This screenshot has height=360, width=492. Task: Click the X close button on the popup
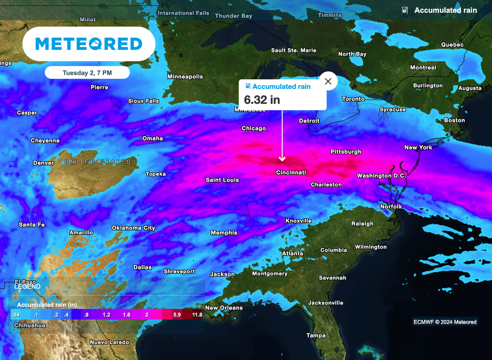point(328,81)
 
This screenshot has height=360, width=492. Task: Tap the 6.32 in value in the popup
point(262,100)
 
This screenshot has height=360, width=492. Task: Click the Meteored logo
point(89,44)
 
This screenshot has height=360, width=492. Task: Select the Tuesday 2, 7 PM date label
point(87,73)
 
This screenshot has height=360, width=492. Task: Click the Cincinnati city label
point(291,173)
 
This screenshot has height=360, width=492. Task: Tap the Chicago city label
point(254,128)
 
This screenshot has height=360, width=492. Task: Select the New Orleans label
point(224,308)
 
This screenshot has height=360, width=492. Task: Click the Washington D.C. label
point(381,176)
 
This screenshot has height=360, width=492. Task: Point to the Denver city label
point(43,163)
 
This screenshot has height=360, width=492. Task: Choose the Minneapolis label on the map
point(185,76)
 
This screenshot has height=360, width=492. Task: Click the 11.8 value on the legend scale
point(197,315)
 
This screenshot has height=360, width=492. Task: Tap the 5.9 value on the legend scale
point(177,315)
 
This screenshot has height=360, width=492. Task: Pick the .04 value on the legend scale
point(15,315)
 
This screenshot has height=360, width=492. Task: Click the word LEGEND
point(27,286)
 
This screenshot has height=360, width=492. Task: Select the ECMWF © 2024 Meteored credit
point(445,322)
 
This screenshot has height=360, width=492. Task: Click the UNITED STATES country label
point(98,162)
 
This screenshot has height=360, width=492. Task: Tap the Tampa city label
point(316,335)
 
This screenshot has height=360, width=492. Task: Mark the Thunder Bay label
point(234,16)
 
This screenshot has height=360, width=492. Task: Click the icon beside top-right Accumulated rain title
point(405,10)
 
